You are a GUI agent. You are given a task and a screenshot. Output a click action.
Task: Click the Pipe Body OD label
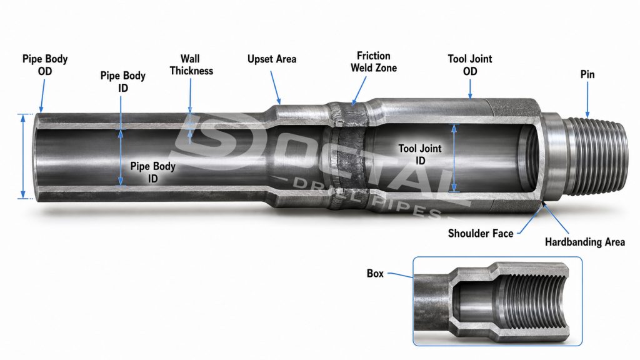[x=45, y=65]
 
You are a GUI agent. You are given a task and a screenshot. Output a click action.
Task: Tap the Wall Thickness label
[x=191, y=65]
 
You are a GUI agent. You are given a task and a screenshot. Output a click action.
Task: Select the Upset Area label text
[x=272, y=59]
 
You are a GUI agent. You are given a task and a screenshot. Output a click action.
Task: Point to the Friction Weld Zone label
[x=374, y=62]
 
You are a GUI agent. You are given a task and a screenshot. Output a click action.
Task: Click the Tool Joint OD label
[x=470, y=65]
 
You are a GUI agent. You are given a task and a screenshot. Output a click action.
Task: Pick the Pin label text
[x=587, y=75]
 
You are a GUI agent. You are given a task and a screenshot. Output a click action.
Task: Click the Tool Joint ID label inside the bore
[x=420, y=154]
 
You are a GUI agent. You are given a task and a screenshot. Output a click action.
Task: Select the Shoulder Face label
[x=481, y=234]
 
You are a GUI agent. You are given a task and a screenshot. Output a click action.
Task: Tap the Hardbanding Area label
[x=584, y=242]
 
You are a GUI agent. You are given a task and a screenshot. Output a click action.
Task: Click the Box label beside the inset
[x=375, y=274]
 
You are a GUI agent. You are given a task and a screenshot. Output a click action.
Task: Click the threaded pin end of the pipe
[x=596, y=156]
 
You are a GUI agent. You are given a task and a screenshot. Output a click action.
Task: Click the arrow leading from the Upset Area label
[x=276, y=87]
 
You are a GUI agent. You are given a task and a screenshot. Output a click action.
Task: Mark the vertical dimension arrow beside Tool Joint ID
[x=454, y=158]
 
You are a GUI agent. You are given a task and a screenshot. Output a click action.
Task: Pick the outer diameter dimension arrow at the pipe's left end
[x=23, y=156]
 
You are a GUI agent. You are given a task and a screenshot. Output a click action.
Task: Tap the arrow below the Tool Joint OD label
[x=470, y=89]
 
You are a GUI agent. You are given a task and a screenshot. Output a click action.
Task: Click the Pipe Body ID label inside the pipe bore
[x=152, y=172]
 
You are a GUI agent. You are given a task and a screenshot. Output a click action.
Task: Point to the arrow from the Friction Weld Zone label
[x=359, y=91]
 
